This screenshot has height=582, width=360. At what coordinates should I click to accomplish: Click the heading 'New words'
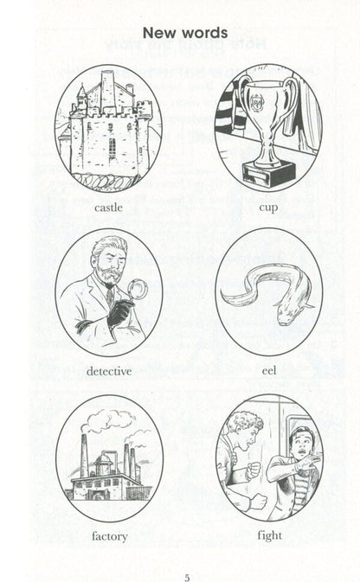click(185, 33)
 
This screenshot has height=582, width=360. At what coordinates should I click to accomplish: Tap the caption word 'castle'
click(108, 207)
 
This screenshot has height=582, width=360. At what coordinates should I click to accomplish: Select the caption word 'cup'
click(268, 208)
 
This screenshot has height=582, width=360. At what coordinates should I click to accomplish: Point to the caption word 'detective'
click(109, 371)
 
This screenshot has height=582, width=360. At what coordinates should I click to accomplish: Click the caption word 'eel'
click(269, 370)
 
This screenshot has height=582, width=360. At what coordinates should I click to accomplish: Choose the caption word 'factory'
click(110, 536)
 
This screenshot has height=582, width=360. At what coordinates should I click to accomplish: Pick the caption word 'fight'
click(270, 535)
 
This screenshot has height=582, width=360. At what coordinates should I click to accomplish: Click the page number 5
click(187, 578)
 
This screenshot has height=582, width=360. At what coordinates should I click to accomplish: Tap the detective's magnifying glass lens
click(138, 289)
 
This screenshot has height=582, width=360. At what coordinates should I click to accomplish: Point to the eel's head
click(287, 314)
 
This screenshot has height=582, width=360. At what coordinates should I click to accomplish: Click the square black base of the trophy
click(269, 174)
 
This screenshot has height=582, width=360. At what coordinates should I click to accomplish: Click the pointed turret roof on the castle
click(81, 92)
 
